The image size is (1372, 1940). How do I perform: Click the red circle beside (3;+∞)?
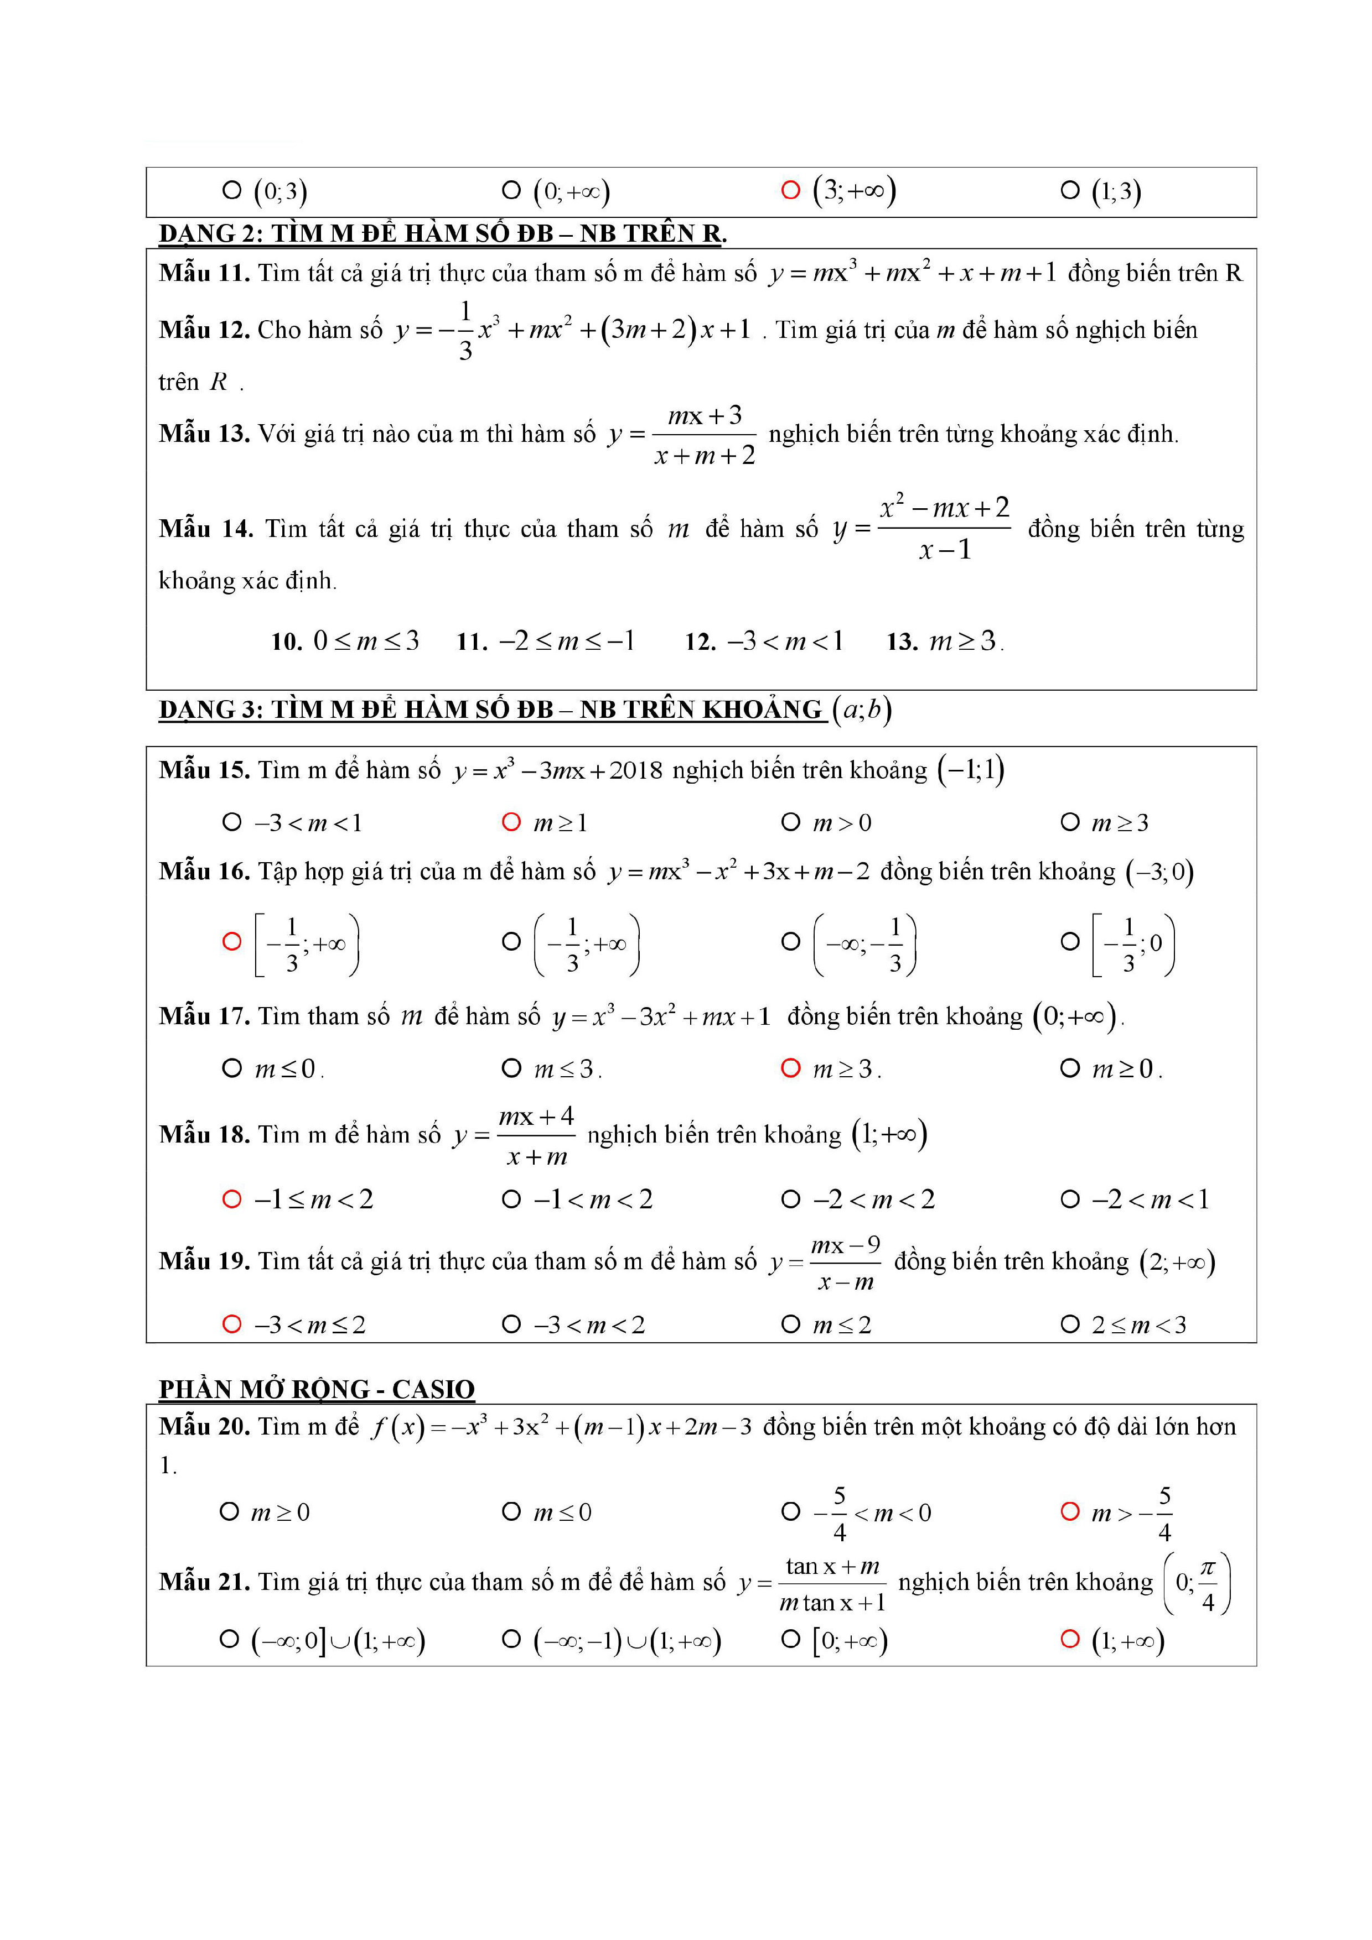(790, 190)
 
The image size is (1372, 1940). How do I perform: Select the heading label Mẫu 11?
(204, 273)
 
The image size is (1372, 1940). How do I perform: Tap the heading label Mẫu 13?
(204, 434)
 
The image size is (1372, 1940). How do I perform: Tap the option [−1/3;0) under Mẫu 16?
(1133, 944)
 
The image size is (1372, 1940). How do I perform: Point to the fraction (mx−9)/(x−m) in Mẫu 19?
(845, 1263)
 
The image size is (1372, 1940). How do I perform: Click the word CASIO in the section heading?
(433, 1390)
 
